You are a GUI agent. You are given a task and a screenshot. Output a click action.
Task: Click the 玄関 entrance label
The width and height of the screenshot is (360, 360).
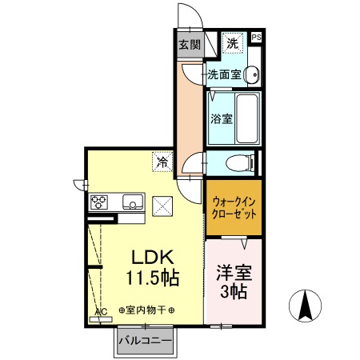tap(189, 45)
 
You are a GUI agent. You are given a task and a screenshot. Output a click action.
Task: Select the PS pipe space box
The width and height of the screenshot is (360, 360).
tap(256, 37)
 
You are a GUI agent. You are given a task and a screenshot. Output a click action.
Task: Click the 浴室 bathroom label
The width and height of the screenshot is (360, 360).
tap(221, 119)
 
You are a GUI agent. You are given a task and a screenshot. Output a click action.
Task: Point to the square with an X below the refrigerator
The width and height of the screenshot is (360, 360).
tap(163, 206)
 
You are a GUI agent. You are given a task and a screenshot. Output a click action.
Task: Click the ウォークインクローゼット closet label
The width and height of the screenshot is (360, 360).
tap(233, 209)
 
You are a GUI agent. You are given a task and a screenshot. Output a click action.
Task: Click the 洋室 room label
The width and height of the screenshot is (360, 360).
tap(233, 271)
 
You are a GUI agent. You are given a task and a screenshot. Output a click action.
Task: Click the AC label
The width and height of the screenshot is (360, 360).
tap(101, 312)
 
